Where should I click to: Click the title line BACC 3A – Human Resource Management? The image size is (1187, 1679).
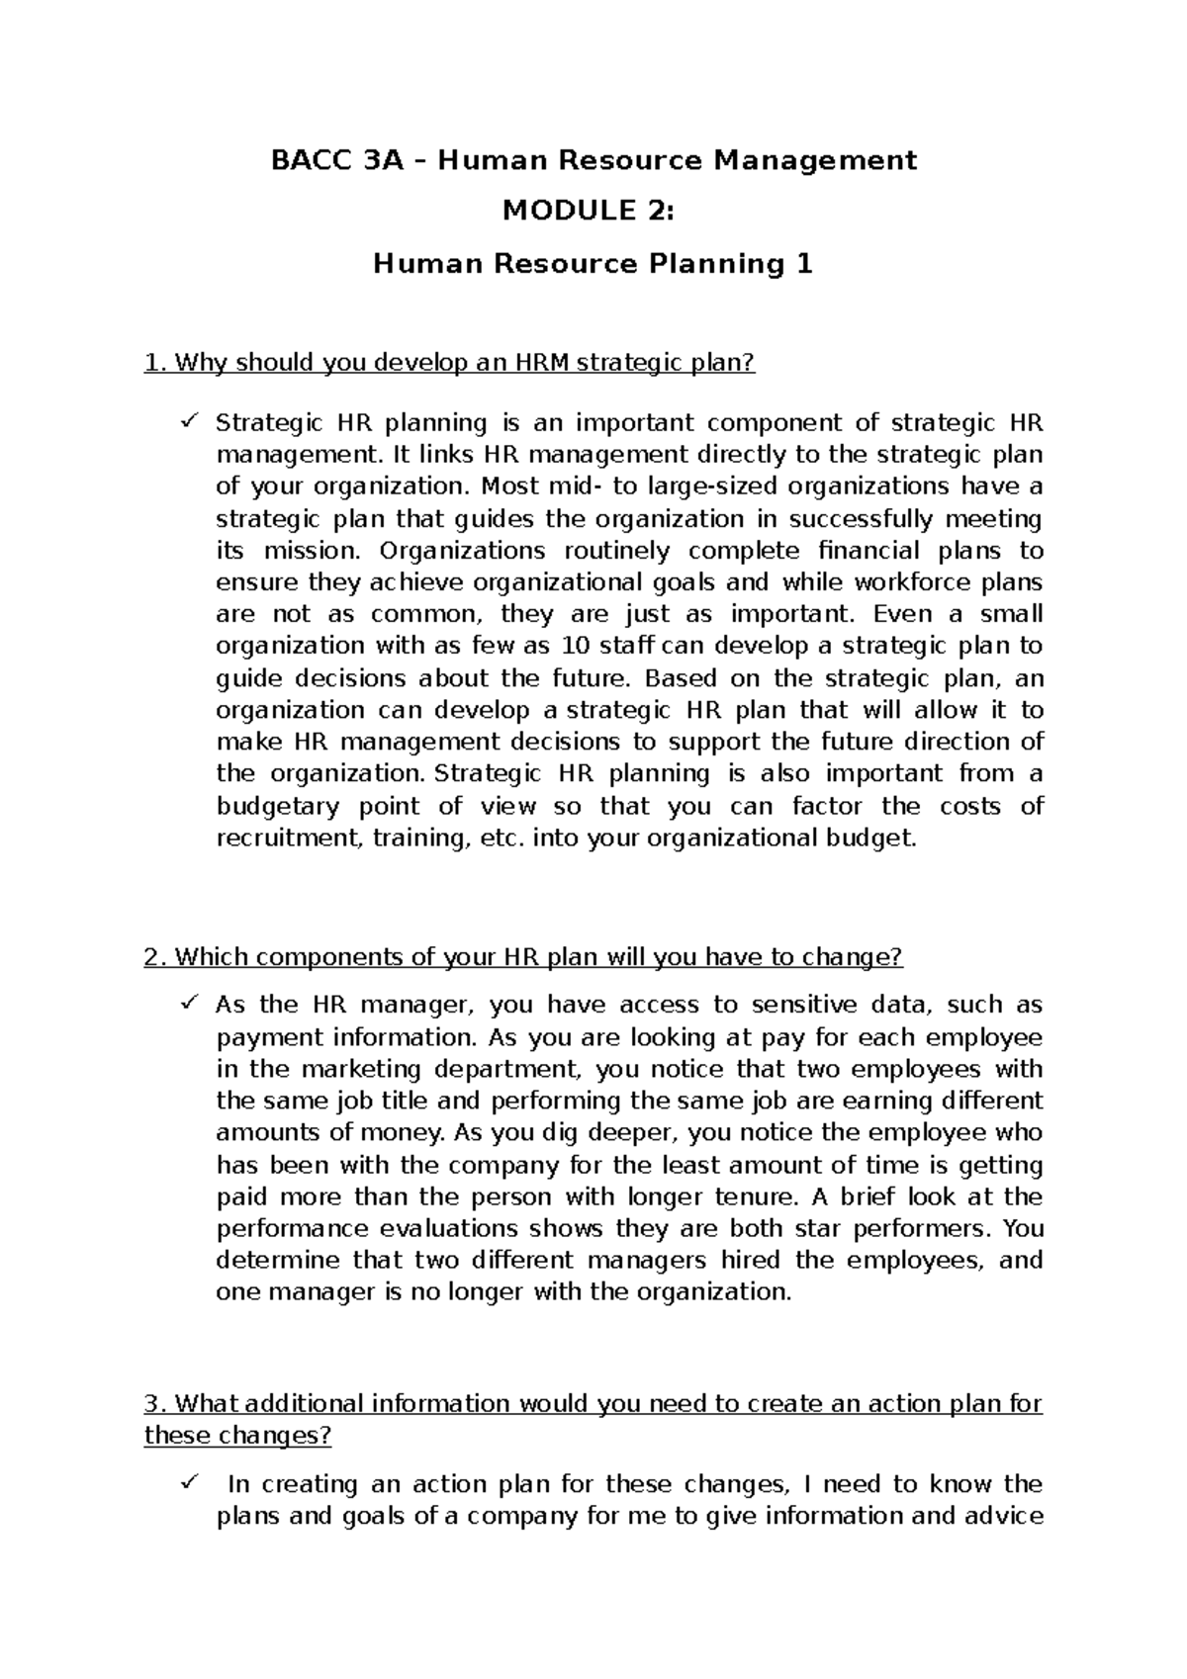pyautogui.click(x=593, y=159)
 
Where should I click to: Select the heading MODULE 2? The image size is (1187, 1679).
pyautogui.click(x=593, y=211)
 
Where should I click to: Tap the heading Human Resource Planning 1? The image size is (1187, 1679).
pyautogui.click(x=593, y=264)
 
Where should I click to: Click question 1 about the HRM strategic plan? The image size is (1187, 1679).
pyautogui.click(x=449, y=363)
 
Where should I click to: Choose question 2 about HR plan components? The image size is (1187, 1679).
pyautogui.click(x=523, y=957)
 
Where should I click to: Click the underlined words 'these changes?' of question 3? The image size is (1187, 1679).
pyautogui.click(x=237, y=1435)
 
